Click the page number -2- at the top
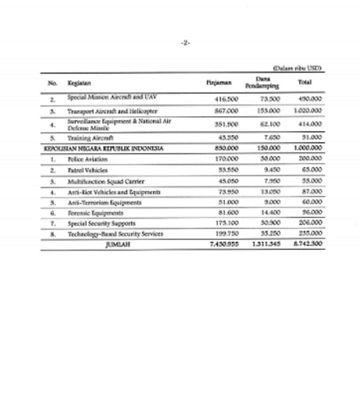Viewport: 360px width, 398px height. [185, 43]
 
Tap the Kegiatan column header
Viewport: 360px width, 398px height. [79, 83]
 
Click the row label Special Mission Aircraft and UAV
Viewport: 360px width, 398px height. [108, 99]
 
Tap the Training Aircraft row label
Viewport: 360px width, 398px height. [90, 138]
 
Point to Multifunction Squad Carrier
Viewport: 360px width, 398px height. [101, 181]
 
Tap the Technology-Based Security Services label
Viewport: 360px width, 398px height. [115, 234]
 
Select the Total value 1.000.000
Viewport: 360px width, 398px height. [308, 148]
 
